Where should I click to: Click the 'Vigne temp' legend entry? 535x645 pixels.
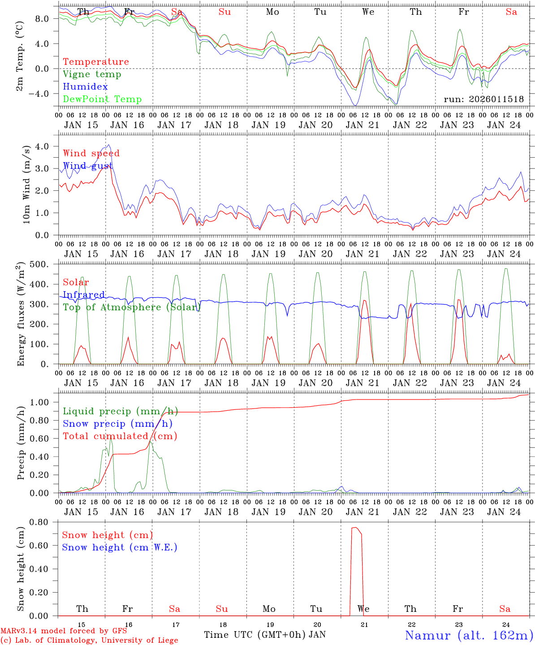point(92,74)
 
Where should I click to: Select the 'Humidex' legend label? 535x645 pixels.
point(85,87)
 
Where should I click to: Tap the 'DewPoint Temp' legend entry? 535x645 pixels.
point(102,99)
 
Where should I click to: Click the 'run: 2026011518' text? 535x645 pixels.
point(483,99)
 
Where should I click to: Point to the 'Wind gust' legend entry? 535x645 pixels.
point(88,166)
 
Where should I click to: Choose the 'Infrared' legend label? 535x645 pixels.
point(84,295)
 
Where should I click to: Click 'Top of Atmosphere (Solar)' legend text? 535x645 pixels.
point(132,307)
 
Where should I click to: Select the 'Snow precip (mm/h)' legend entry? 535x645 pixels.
point(117,424)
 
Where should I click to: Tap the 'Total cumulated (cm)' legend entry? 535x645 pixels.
point(120,436)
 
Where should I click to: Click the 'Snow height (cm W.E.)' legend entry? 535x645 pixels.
point(120,547)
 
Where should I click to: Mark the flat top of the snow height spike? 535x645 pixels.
point(355,528)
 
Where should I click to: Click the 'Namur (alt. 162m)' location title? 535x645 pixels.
point(469,635)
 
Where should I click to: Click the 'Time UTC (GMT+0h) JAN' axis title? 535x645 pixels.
point(264,635)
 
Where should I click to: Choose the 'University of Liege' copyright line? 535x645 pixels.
point(90,641)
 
